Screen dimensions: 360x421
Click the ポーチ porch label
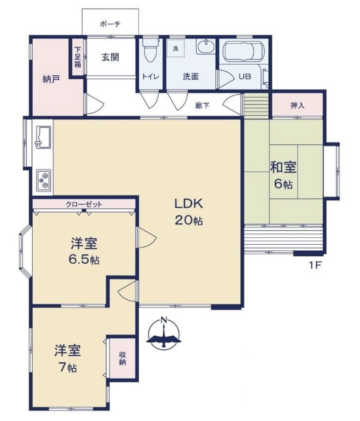click(x=110, y=24)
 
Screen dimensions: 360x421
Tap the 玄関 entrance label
click(x=110, y=57)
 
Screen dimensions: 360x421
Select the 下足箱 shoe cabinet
click(x=77, y=58)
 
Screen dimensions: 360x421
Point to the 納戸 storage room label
click(x=51, y=79)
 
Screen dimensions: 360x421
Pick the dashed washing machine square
click(x=175, y=48)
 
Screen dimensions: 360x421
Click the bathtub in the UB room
click(x=244, y=51)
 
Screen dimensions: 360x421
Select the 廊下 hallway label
click(x=202, y=106)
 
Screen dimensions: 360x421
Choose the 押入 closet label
click(x=298, y=106)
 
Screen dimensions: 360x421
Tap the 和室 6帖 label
click(x=283, y=175)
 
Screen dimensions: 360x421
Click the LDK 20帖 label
click(x=189, y=212)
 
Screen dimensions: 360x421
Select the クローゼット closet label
click(x=84, y=204)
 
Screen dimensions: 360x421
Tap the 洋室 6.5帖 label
click(x=84, y=251)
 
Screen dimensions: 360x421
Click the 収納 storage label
click(x=123, y=358)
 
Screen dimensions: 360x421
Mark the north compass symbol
click(x=163, y=333)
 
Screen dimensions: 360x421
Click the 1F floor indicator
click(x=315, y=265)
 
